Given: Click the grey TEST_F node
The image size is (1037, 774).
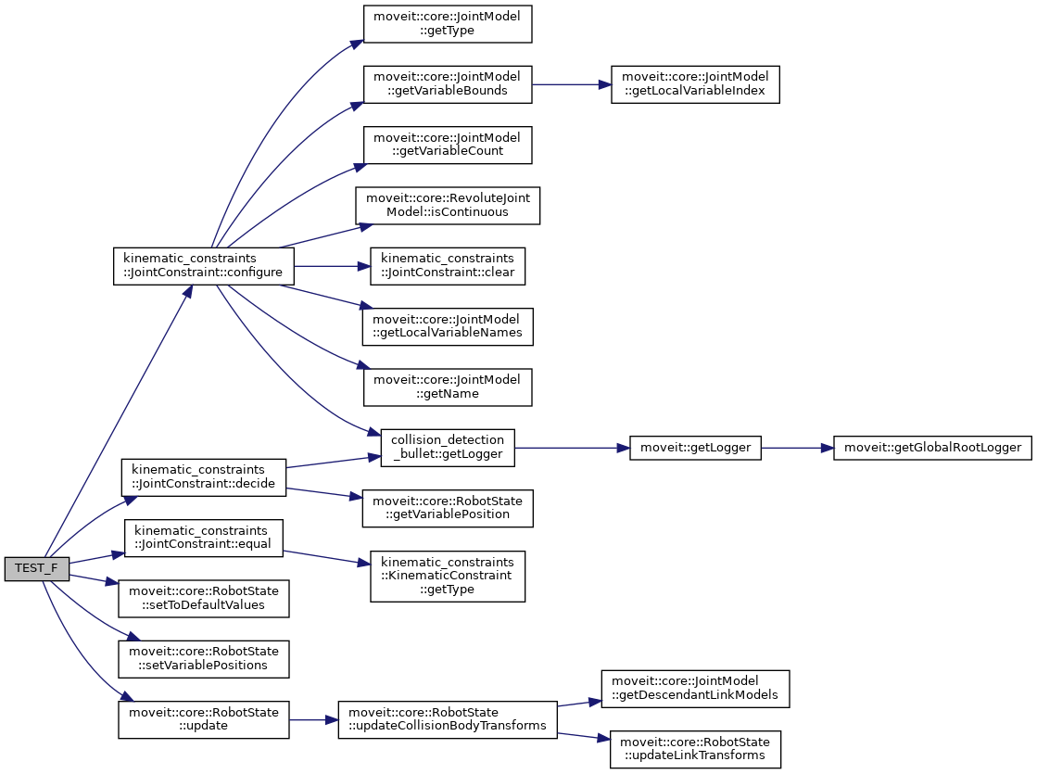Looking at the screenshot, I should (x=36, y=568).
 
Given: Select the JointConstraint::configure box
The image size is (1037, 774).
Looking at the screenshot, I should (x=203, y=267).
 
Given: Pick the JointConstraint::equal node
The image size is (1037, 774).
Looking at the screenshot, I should (x=203, y=538).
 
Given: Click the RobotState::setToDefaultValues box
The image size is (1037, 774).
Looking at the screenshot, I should (x=204, y=598).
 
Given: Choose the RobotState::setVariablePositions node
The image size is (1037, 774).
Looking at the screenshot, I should (x=204, y=657).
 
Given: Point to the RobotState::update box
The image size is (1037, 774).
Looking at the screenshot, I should (x=204, y=718).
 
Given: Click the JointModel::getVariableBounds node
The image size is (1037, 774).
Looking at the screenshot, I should (x=447, y=84).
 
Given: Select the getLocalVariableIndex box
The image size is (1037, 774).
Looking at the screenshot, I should (x=695, y=84).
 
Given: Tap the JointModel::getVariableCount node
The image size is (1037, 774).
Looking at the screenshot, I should (x=447, y=145).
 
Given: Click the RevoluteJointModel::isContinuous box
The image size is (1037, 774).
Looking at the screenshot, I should (x=447, y=205).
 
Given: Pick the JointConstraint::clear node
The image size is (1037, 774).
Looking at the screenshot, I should (x=447, y=266).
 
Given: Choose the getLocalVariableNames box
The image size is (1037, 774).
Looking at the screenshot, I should (x=447, y=325).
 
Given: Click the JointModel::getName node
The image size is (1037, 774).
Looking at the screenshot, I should (x=447, y=387).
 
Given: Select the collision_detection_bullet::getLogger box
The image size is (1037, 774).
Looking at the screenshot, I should (x=448, y=448).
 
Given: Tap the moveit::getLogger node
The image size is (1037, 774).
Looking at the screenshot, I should (x=694, y=448).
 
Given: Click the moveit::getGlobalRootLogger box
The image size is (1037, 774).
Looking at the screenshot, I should (x=932, y=448).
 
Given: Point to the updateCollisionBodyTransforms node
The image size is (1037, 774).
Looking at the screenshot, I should (x=447, y=718).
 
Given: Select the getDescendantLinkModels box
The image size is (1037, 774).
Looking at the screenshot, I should (x=695, y=690).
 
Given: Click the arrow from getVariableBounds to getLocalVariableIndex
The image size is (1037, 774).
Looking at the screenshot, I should (x=571, y=84).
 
